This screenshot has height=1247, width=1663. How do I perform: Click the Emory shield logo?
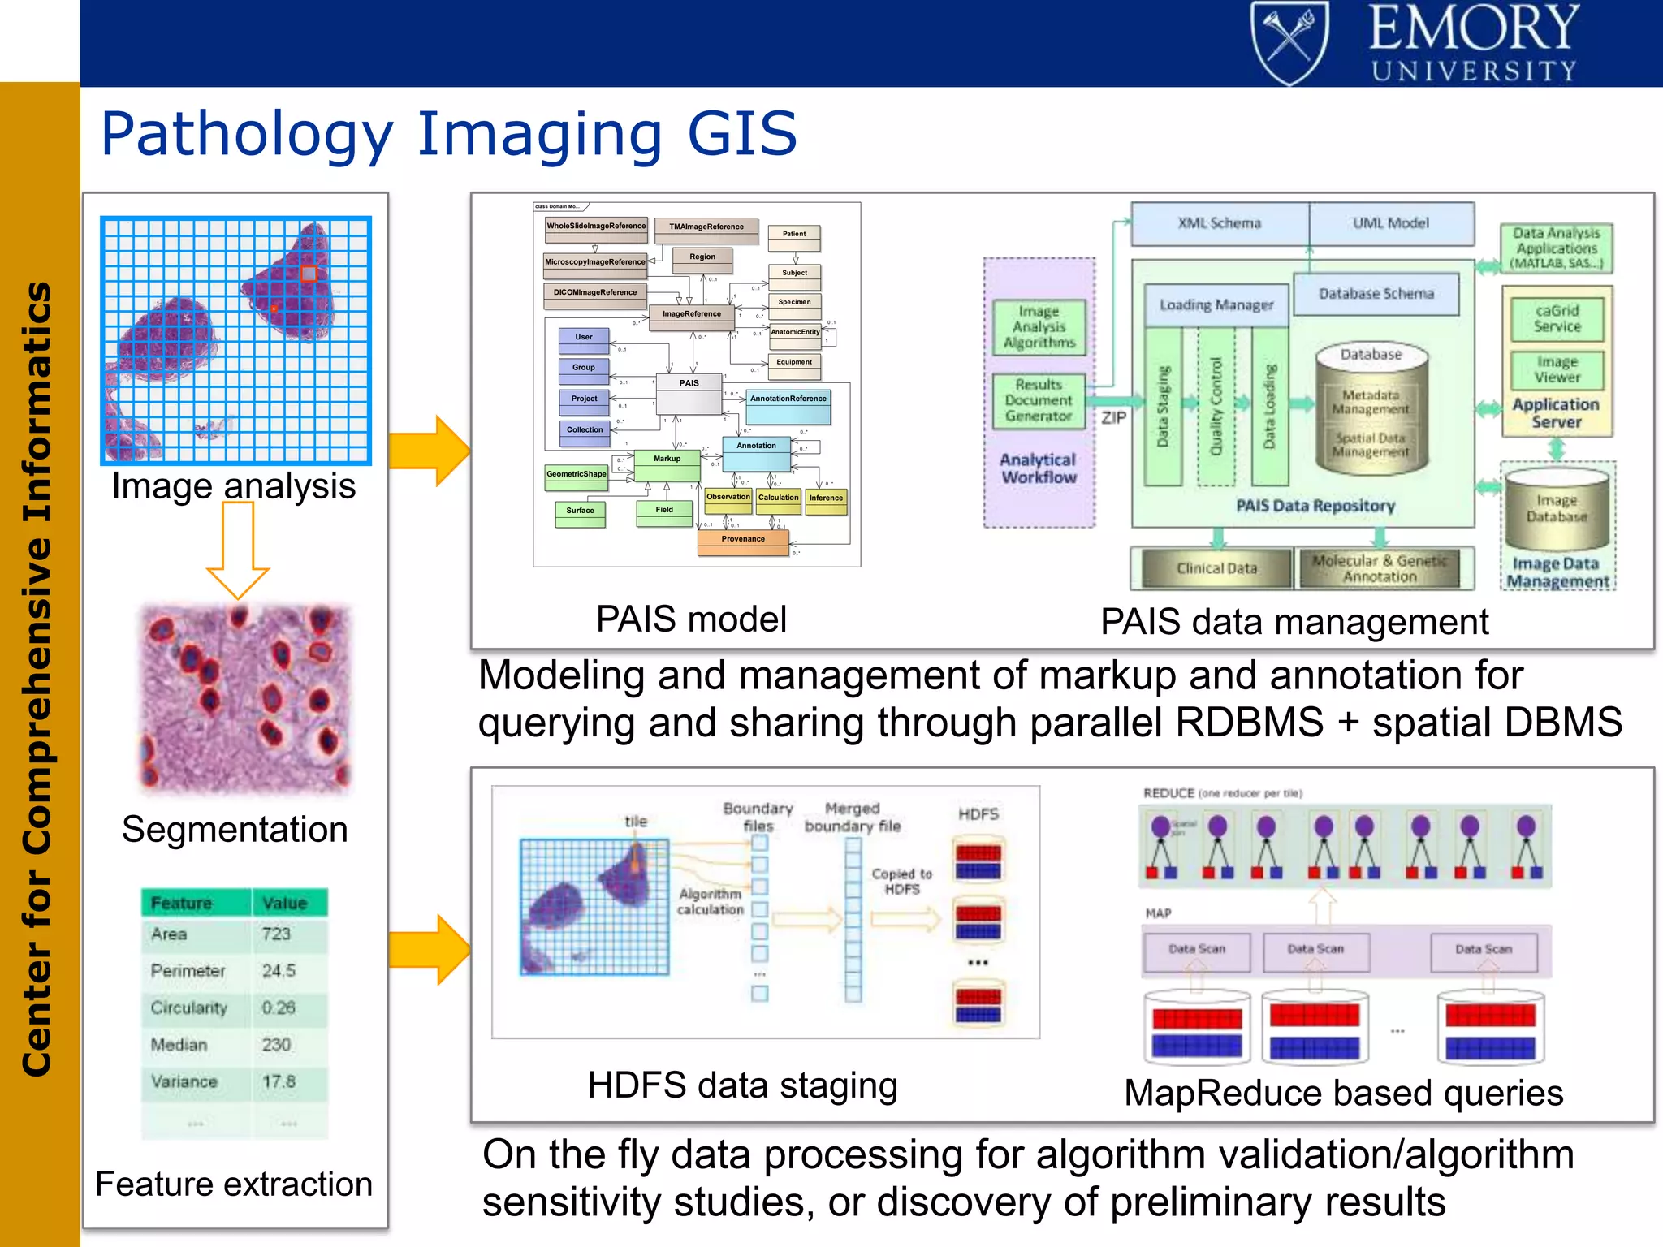[x=1289, y=42]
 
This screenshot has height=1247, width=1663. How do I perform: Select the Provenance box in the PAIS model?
[x=743, y=541]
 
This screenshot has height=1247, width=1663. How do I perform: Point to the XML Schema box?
[x=1220, y=223]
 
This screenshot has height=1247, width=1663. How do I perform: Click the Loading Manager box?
[x=1216, y=305]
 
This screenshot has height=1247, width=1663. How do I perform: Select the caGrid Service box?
[x=1557, y=319]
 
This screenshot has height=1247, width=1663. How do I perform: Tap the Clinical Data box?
[x=1216, y=568]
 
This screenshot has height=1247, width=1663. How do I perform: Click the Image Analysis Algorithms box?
[x=1039, y=327]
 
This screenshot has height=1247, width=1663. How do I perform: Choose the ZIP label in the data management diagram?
[x=1113, y=417]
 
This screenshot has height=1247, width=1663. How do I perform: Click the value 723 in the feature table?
[x=276, y=934]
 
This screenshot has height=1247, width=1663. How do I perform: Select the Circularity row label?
[x=188, y=1008]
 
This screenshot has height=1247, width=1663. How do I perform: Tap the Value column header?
[x=285, y=903]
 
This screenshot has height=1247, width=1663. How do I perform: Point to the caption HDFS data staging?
[x=742, y=1085]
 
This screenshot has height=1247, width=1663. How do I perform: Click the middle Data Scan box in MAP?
[x=1315, y=950]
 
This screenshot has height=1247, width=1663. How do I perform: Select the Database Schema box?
[x=1376, y=294]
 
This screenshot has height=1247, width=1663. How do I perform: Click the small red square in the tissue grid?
[x=309, y=274]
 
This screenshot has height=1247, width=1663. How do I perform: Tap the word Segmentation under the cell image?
[x=235, y=830]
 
